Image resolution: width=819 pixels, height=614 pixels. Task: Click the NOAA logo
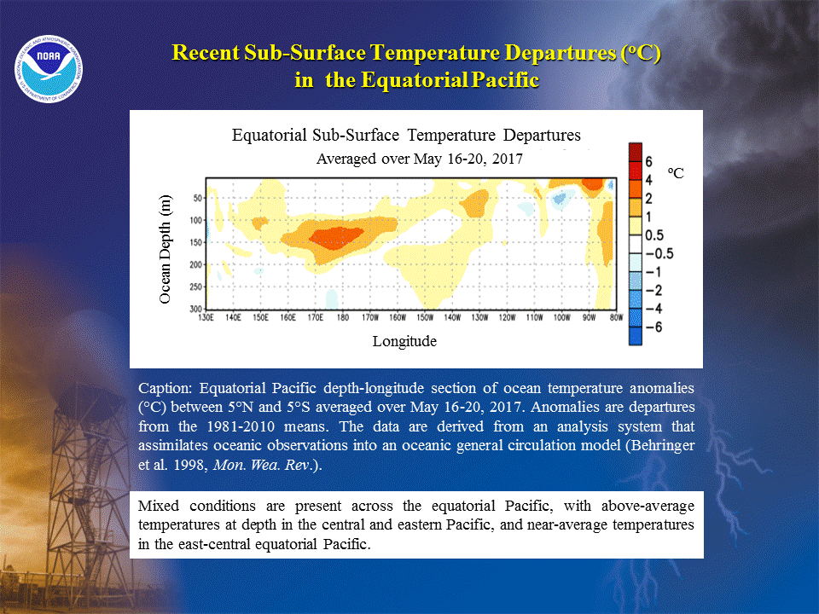(49, 69)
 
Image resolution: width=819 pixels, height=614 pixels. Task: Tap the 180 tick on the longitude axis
(343, 317)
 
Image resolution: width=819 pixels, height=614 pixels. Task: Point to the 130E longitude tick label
(206, 317)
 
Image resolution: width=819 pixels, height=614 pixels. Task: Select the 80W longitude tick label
(616, 317)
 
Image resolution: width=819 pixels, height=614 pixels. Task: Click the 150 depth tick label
(196, 242)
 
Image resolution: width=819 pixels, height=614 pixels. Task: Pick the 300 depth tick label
(196, 309)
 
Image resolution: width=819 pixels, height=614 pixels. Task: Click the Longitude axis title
(404, 341)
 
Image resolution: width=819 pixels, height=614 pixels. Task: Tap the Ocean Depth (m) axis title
(165, 249)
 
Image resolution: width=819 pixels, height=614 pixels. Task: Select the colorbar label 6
(648, 162)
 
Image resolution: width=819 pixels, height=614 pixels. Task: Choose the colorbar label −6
(654, 327)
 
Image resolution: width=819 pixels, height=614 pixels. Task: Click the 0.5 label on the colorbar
(654, 235)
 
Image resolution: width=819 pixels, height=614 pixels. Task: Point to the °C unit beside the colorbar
(676, 173)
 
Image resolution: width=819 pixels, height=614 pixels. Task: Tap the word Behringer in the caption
(663, 445)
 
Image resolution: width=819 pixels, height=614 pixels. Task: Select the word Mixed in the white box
(159, 506)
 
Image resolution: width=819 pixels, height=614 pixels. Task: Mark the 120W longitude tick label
(507, 317)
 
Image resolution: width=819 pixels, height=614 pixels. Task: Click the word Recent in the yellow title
(206, 53)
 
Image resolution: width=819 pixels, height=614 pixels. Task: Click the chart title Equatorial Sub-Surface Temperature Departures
(406, 136)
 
